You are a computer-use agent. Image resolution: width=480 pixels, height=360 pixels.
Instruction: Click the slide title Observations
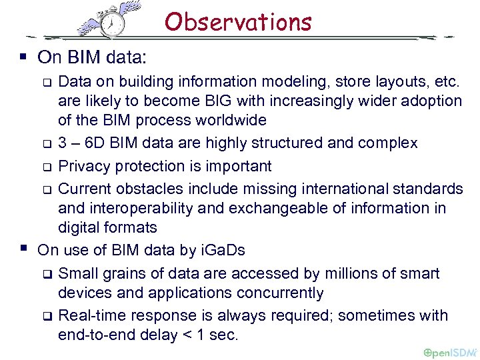[x=238, y=22]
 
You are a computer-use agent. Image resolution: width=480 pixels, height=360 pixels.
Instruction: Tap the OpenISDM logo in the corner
[x=450, y=351]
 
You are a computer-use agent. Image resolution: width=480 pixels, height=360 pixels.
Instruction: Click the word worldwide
[x=226, y=121]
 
